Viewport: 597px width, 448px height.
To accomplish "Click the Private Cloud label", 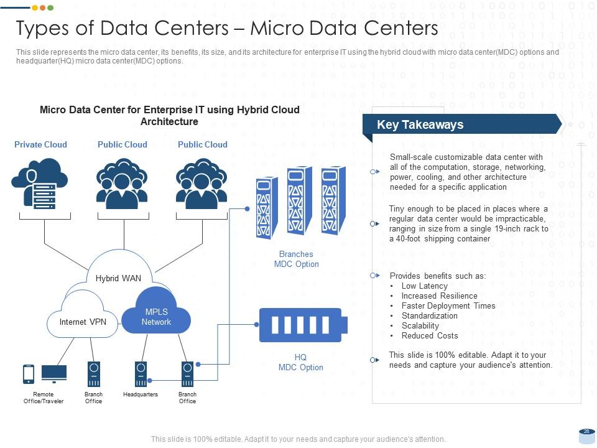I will (40, 144).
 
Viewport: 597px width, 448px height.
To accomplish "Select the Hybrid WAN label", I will (118, 278).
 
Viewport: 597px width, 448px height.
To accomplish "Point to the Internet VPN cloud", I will (83, 322).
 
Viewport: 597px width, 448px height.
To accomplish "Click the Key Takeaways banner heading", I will (420, 124).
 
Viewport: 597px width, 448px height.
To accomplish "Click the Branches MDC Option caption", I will (296, 259).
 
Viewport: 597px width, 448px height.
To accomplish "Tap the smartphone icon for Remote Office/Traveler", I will (29, 373).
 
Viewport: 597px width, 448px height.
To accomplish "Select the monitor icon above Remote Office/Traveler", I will (54, 373).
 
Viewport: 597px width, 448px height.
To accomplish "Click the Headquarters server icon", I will (141, 374).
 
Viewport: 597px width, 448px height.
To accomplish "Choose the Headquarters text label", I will (141, 394).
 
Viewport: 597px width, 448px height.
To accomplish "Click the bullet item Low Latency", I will (425, 286).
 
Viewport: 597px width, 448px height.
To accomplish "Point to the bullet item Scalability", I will (420, 325).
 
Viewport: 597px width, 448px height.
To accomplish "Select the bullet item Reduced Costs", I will (430, 335).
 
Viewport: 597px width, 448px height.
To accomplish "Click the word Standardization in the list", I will (429, 315).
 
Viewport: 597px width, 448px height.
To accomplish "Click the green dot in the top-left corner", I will (50, 7).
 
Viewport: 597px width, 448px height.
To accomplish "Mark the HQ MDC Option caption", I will (300, 362).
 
